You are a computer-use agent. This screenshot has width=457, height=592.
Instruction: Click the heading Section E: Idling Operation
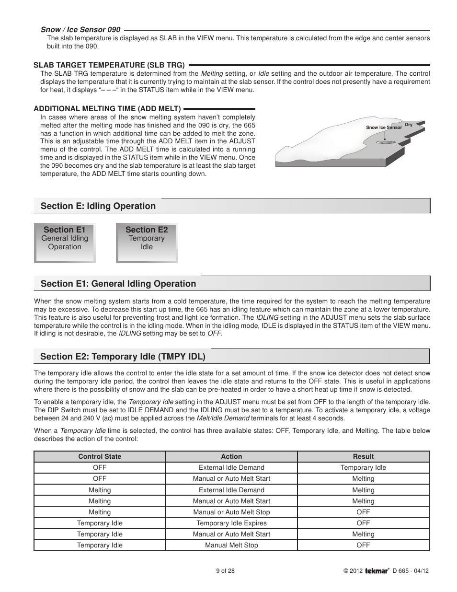(98, 206)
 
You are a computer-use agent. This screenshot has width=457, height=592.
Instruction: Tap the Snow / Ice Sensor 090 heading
(80, 30)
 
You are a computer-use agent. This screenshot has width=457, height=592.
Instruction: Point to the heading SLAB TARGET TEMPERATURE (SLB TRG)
(109, 65)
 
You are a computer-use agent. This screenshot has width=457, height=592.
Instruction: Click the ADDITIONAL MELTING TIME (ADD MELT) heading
(107, 109)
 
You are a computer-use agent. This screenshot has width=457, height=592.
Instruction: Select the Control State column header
(100, 457)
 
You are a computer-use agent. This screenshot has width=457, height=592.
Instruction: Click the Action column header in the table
(231, 457)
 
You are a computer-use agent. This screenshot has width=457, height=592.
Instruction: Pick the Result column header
(363, 457)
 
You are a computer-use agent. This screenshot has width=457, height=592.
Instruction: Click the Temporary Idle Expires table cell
(231, 523)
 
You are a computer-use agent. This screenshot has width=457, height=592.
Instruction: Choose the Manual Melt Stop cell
(231, 545)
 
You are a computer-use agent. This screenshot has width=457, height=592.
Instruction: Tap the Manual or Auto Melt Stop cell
(231, 512)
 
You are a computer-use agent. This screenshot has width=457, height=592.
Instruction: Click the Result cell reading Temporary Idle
(363, 468)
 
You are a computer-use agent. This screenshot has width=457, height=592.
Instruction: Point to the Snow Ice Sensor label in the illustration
(384, 128)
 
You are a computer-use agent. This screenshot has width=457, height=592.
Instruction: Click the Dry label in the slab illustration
(409, 125)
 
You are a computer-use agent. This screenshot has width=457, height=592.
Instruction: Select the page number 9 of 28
(225, 571)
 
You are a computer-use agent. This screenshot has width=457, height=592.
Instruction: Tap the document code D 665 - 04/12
(411, 571)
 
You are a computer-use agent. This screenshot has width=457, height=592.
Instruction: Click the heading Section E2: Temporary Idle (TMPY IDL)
(123, 357)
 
